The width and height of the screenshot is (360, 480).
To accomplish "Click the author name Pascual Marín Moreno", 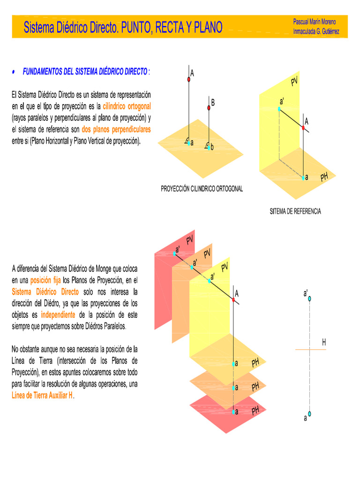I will point(314,22).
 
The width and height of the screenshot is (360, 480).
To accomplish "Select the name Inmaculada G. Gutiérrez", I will point(316,31).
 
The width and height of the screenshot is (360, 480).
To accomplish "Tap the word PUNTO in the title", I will point(136,28).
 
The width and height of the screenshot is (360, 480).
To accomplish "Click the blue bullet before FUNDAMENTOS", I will point(14,72).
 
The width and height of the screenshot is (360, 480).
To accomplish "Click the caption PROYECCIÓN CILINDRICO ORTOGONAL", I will point(202,189).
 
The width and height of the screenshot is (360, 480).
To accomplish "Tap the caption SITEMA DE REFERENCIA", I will point(295,211).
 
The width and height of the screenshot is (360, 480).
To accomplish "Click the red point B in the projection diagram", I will point(209,108).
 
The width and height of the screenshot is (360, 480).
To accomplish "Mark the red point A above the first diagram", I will point(189,80).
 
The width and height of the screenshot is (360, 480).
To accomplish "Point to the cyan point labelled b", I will point(209,148).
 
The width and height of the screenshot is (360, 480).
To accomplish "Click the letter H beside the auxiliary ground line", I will point(324,343).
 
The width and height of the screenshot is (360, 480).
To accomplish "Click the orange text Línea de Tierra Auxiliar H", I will point(42,395).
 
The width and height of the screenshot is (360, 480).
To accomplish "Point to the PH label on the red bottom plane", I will point(255,411).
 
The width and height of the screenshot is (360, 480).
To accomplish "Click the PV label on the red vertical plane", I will point(189,241).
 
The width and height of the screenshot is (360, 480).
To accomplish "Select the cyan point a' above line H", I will point(309,298).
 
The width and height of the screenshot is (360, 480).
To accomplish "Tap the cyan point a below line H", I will point(309,414).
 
